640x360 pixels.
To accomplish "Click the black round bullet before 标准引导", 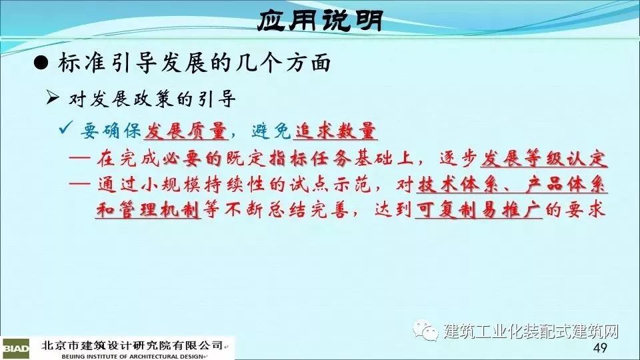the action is pyautogui.click(x=41, y=63).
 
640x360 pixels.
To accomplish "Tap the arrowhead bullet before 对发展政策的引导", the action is pyautogui.click(x=53, y=98).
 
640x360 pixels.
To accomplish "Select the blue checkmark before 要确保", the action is pyautogui.click(x=66, y=127).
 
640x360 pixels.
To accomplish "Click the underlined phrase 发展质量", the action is pyautogui.click(x=186, y=131).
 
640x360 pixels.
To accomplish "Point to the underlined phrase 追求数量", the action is pyautogui.click(x=335, y=131).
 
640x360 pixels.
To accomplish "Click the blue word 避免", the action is pyautogui.click(x=271, y=131).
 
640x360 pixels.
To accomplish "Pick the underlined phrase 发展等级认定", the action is pyautogui.click(x=544, y=159).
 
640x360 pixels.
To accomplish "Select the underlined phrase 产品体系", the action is pyautogui.click(x=566, y=185).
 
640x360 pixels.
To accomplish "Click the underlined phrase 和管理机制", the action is pyautogui.click(x=148, y=210).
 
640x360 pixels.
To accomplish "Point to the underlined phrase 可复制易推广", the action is pyautogui.click(x=479, y=210).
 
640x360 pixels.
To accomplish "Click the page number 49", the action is pyautogui.click(x=600, y=348).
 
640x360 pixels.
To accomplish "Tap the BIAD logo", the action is pyautogui.click(x=15, y=349).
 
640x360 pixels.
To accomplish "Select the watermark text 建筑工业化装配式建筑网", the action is pyautogui.click(x=531, y=331).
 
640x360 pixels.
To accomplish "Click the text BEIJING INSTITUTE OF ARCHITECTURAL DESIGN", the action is pyautogui.click(x=133, y=356).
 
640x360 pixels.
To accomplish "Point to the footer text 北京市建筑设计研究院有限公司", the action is pyautogui.click(x=132, y=346).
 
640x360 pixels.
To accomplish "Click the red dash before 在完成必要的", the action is pyautogui.click(x=79, y=159).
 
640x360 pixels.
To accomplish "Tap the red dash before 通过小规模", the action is pyautogui.click(x=79, y=185).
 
